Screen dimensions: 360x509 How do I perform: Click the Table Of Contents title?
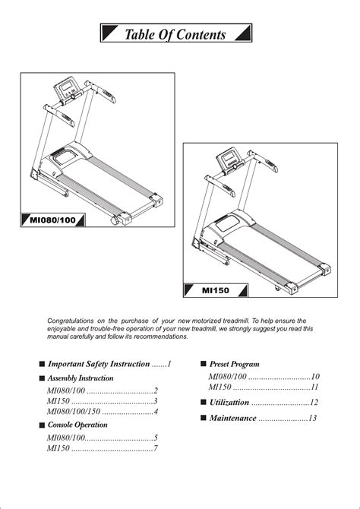(x=175, y=34)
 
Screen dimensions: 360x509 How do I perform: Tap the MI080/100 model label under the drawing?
(x=52, y=220)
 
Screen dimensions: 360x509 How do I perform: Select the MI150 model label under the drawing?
(x=216, y=290)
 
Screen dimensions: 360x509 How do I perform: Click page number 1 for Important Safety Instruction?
(x=169, y=364)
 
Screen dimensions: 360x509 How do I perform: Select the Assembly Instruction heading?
(x=81, y=378)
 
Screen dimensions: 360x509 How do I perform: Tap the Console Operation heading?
(x=77, y=425)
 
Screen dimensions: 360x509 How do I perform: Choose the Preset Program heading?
(x=235, y=364)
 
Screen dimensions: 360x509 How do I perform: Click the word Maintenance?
(x=232, y=418)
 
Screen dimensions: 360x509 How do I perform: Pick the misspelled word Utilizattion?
(x=229, y=403)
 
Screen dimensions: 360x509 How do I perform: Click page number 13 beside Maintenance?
(x=312, y=418)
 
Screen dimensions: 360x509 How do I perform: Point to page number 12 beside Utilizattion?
(x=314, y=403)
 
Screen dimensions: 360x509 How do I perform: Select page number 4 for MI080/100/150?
(x=156, y=412)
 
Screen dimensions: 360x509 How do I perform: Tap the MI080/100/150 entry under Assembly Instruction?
(x=74, y=412)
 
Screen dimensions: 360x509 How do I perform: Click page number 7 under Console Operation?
(x=156, y=449)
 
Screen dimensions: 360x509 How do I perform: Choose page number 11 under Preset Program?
(x=314, y=387)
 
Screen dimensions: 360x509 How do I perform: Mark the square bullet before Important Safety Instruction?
(x=42, y=364)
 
